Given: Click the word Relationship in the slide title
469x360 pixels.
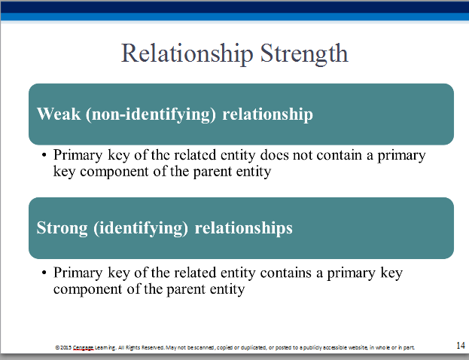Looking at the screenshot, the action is click(187, 53).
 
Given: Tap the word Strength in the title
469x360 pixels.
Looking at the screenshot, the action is click(304, 53).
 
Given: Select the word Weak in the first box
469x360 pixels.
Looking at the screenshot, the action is click(59, 114).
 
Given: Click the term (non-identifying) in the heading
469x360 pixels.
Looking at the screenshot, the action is click(151, 114).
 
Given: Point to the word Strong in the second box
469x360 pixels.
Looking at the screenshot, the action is click(62, 228).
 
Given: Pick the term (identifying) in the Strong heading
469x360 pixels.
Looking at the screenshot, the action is click(141, 228).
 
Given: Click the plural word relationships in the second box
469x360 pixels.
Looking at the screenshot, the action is click(243, 228).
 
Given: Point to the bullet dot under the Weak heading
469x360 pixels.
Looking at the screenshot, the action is click(44, 155).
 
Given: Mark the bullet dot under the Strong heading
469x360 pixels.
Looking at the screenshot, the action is click(44, 273).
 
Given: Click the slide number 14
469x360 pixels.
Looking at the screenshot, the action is click(461, 346).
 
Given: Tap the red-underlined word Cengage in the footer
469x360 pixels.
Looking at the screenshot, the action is click(84, 348).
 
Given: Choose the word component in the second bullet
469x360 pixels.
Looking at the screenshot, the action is click(88, 290).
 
